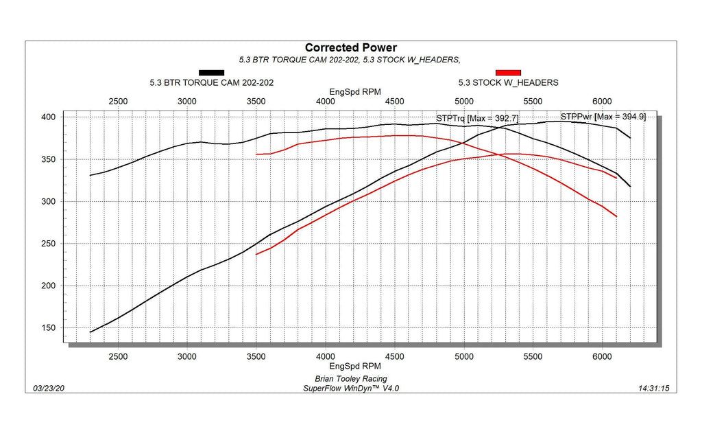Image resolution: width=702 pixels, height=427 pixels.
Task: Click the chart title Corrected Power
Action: pos(350,47)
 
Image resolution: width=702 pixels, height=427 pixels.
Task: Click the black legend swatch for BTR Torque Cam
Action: pos(211,72)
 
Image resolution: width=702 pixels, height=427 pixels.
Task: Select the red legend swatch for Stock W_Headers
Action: pos(508,72)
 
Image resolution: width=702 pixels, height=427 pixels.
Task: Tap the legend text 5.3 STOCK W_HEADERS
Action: pos(508,82)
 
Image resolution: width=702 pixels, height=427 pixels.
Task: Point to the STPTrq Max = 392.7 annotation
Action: pos(477,118)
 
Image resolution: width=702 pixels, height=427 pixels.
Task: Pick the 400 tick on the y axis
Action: pos(48,117)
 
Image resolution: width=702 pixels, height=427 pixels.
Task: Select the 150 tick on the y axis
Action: pos(48,327)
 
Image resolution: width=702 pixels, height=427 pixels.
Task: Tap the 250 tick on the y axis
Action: pos(48,244)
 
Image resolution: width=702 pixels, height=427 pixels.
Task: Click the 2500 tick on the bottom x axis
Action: pos(118,357)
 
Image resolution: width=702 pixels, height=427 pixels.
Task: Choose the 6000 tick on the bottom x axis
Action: pos(602,357)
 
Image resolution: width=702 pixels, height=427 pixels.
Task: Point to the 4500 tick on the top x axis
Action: pos(394,102)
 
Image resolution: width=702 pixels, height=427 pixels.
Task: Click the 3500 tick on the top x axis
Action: pos(256,102)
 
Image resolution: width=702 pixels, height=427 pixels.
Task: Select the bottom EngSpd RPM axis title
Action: pos(355,367)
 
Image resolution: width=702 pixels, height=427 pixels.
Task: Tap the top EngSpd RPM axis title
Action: pos(355,91)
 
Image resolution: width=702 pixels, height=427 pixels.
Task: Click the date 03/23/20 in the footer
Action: pos(49,389)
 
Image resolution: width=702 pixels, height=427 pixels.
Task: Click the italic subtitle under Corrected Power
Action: pos(350,60)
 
